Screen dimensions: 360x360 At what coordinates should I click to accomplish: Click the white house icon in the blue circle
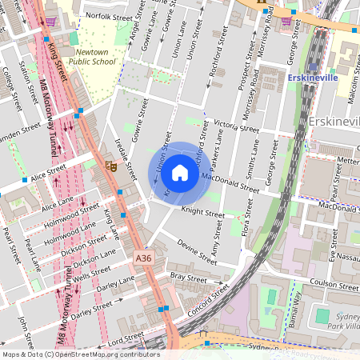coord(180,173)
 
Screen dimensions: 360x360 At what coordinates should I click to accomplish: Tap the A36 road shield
coord(143,258)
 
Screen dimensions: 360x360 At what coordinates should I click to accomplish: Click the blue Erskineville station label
coord(312,78)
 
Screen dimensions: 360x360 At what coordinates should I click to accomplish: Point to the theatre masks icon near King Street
coord(110,165)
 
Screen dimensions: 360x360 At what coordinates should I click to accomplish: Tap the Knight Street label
coord(203,214)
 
